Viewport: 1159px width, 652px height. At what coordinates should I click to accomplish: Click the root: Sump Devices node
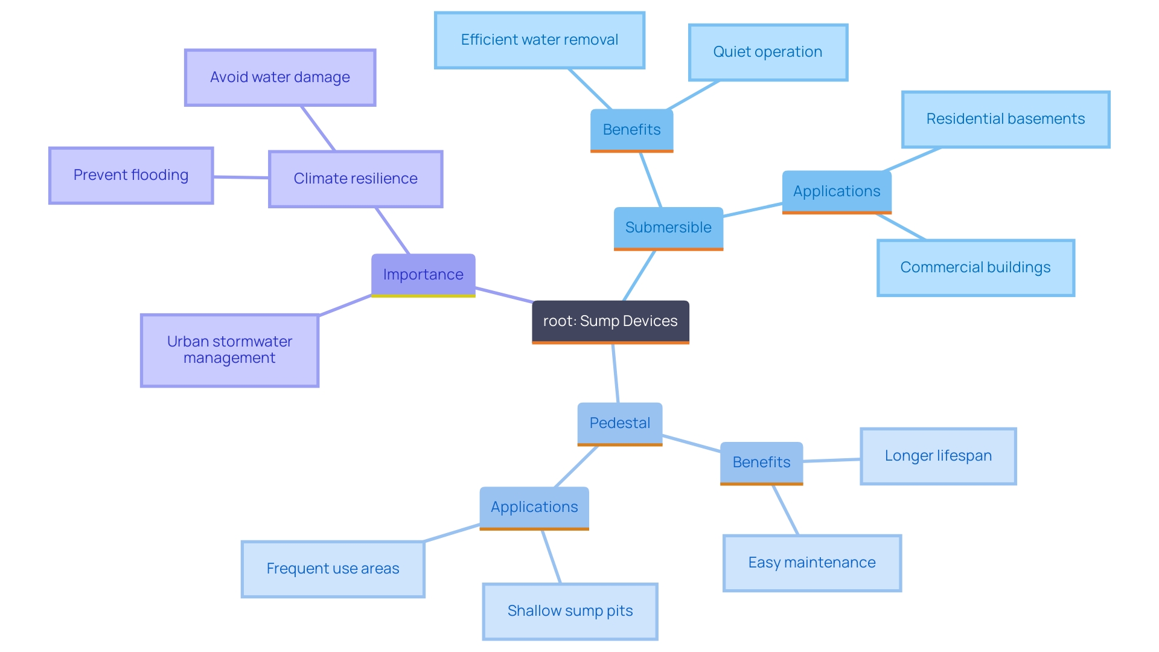coord(610,321)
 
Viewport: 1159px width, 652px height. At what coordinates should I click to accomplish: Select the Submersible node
coord(668,228)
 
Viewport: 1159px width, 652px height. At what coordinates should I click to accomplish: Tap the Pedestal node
coord(620,423)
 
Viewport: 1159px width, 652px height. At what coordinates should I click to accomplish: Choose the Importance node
coord(423,275)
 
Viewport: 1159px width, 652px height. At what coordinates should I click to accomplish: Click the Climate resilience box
coord(356,179)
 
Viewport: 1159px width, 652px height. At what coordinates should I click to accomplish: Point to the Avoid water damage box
coord(280,77)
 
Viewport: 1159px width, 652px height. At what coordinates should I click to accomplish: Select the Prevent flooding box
coord(131,175)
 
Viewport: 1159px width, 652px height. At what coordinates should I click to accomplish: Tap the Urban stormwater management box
coord(229,350)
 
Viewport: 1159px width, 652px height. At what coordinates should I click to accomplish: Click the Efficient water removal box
coord(540,40)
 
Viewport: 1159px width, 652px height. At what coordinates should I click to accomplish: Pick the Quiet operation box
coord(768,52)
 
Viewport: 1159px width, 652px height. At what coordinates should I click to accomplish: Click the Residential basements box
coord(1006,119)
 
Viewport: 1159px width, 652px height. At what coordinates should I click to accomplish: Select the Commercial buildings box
coord(975,267)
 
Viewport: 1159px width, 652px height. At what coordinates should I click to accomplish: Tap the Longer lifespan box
coord(938,456)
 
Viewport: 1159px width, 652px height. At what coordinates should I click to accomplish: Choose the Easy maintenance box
coord(812,563)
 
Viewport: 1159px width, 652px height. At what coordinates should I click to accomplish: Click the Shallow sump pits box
coord(570,611)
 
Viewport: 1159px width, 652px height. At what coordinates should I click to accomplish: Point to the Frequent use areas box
coord(333,569)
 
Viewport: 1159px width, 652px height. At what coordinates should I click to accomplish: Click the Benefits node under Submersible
coord(631,130)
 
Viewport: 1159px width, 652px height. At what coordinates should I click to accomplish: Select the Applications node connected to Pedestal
coord(534,507)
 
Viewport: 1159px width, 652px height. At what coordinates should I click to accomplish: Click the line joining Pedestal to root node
coord(616,373)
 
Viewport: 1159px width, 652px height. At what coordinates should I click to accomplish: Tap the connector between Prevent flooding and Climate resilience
coord(241,177)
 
